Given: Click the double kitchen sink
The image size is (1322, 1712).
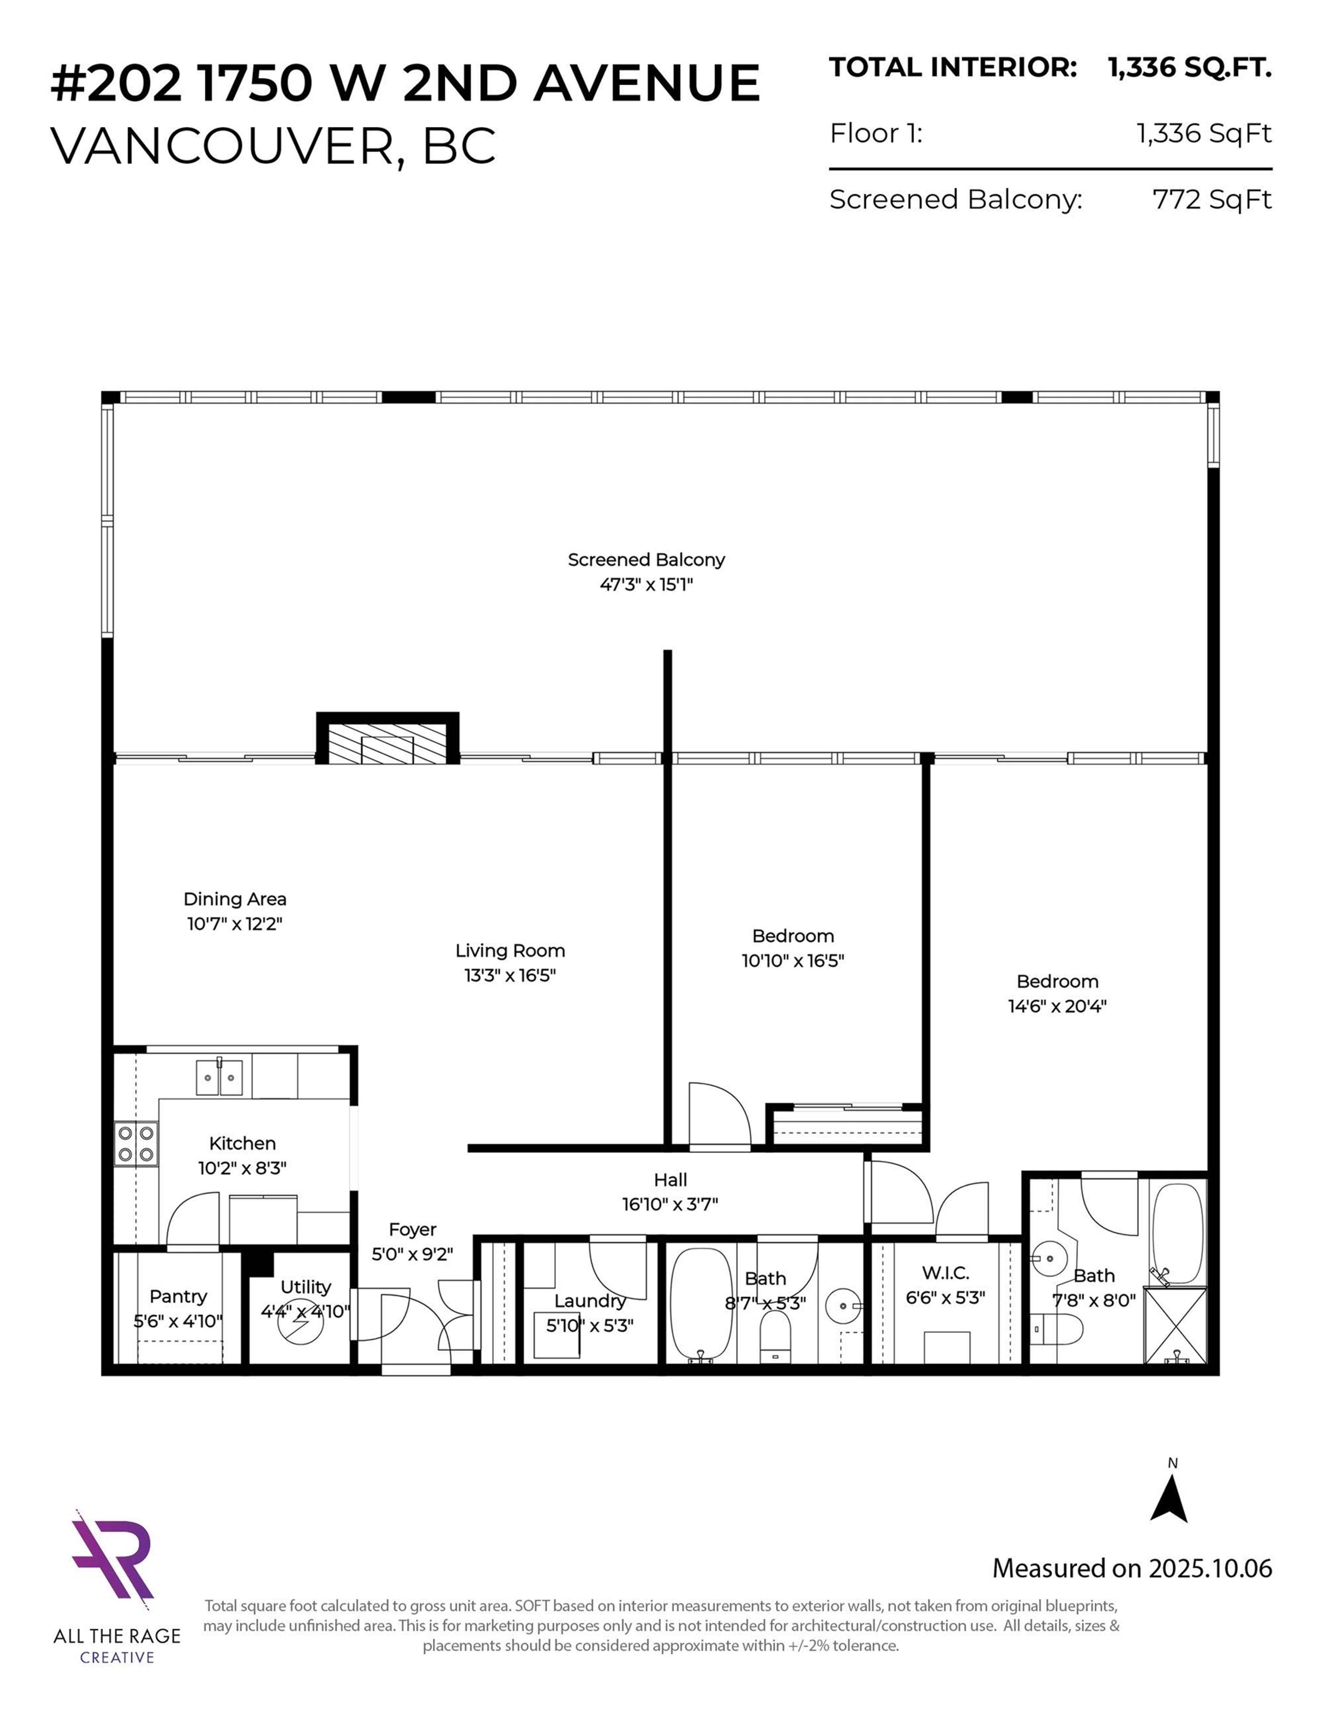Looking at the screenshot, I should (x=219, y=1077).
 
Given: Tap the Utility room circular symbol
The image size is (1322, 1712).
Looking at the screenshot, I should (x=300, y=1325).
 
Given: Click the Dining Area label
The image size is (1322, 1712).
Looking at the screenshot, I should (x=234, y=899).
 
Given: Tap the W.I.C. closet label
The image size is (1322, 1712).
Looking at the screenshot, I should (x=945, y=1273).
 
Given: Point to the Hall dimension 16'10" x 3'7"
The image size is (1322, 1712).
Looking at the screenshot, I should (x=670, y=1204).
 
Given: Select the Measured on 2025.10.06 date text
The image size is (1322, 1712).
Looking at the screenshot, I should (x=1132, y=1569).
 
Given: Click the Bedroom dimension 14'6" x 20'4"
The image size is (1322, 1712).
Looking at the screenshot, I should (x=1056, y=1006).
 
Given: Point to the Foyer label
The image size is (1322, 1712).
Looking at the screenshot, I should (x=412, y=1229).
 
